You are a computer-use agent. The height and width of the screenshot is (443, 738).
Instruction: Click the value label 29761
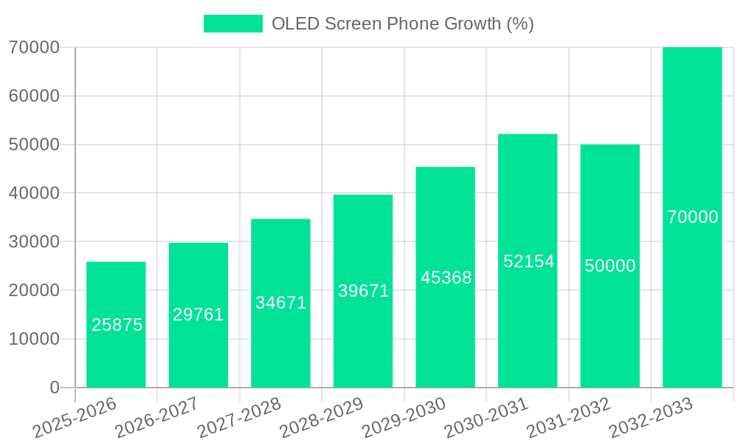click(x=199, y=315)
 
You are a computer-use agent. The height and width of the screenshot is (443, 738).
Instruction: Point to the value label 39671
click(x=363, y=291)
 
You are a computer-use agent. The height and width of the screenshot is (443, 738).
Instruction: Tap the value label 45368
click(x=446, y=278)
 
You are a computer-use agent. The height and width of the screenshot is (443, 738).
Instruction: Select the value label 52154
click(x=528, y=261)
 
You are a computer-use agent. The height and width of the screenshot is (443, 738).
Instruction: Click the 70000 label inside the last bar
click(x=692, y=217)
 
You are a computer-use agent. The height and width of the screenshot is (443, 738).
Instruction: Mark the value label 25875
click(x=117, y=325)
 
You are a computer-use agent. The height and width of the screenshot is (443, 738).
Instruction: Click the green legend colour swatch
click(x=233, y=24)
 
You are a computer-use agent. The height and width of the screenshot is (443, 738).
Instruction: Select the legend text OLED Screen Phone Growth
click(x=402, y=24)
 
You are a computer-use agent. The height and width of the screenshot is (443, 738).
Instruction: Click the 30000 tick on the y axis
click(x=34, y=241)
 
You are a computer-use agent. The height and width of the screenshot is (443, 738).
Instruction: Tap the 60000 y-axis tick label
click(x=34, y=96)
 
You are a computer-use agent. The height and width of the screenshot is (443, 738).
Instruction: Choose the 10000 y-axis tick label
click(x=34, y=339)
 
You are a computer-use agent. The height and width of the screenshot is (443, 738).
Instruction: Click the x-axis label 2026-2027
click(x=156, y=416)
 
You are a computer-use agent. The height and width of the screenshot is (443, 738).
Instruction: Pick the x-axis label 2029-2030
click(x=404, y=416)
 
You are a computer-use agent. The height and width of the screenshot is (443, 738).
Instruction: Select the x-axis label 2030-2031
click(x=486, y=416)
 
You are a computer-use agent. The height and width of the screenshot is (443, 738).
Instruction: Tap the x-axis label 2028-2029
click(x=321, y=416)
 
